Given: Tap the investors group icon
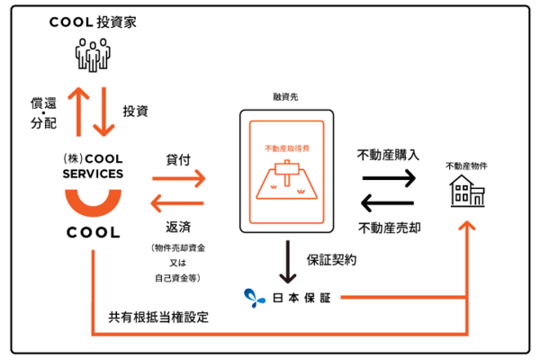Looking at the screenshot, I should click(x=92, y=55).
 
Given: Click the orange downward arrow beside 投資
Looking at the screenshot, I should click(x=105, y=109).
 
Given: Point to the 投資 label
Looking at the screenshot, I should click(x=134, y=111).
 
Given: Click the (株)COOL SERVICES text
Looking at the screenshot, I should click(x=93, y=166).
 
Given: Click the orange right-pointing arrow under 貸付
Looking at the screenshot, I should click(x=179, y=179).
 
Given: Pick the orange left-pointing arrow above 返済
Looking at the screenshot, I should click(x=179, y=202).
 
